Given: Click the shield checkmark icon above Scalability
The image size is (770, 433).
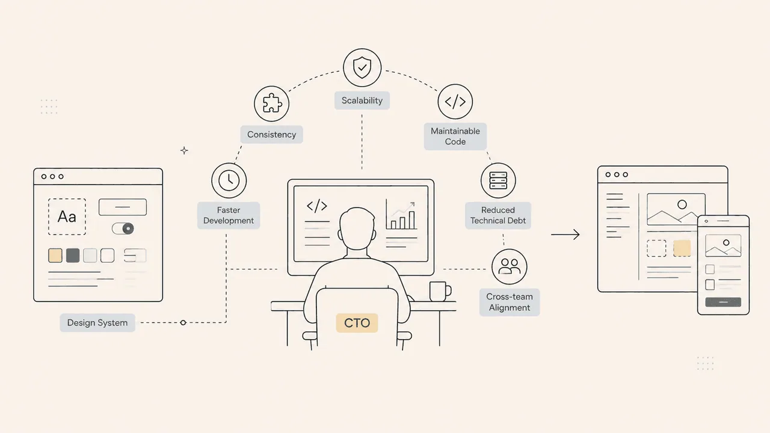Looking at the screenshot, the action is pos(362,68).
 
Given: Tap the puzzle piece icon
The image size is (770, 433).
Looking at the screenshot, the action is pos(271,103).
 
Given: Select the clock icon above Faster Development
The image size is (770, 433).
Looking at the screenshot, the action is pos(229,180).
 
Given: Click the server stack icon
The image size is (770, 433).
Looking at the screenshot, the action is pos(498,180).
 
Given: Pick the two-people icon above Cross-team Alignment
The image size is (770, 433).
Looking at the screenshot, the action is pos(509,266).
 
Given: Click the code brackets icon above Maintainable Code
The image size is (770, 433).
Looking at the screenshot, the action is pos(455,102).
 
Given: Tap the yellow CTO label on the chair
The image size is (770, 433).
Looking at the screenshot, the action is pos(357,323).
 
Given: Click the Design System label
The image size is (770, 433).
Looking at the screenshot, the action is pos(97,323).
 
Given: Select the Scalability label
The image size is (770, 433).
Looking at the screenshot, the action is pos(362,100).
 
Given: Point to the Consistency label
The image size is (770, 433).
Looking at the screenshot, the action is pos(271,134).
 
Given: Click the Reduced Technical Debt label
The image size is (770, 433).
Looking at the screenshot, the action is pos(498,215).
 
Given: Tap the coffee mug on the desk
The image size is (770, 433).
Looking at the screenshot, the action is pos(440,292).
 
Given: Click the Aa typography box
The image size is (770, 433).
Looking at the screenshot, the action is pos(67,217).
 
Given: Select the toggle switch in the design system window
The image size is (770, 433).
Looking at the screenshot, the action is pos(123,229).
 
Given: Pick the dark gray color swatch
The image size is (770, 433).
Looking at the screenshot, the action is pos(73,256).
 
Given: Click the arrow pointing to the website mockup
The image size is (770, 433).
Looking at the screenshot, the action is pos(565,235).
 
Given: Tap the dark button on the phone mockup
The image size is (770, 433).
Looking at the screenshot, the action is pos(723,302).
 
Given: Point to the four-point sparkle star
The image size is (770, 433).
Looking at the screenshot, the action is pos(184,150).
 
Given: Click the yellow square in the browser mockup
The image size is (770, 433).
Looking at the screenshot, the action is pos(682,248).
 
